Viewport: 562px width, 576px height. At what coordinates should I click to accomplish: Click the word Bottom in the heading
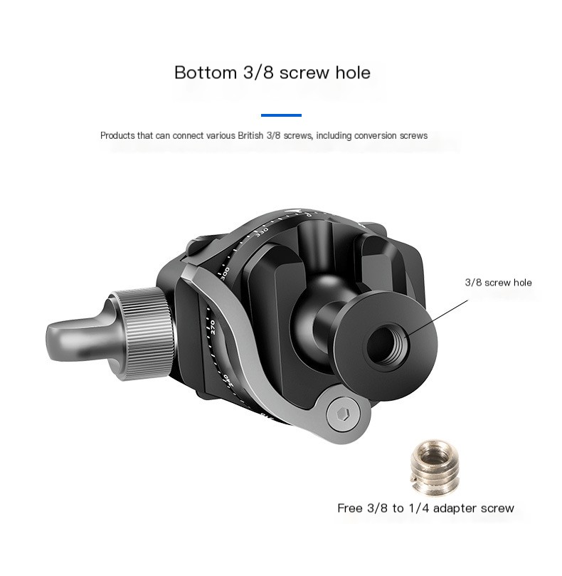point(205,73)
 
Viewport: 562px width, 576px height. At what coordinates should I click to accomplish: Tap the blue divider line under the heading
point(281,115)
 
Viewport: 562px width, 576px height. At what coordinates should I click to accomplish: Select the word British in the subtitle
point(250,135)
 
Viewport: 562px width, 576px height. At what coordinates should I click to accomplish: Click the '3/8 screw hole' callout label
point(498,283)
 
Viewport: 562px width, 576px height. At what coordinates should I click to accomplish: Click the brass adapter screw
point(434,466)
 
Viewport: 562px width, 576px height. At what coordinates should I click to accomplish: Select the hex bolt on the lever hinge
point(343,415)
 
